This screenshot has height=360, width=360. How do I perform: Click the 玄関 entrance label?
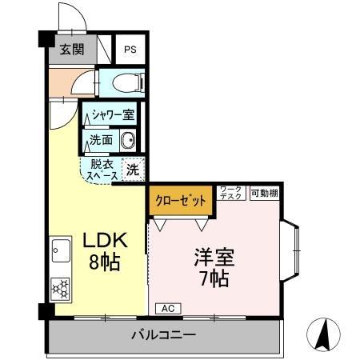point(72,50)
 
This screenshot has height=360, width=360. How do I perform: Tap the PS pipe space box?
point(130,50)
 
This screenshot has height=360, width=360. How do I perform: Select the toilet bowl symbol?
point(128,83)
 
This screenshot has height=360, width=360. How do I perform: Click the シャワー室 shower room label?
point(113,114)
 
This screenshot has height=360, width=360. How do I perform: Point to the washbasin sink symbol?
point(128,140)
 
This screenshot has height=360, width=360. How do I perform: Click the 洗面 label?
point(101,140)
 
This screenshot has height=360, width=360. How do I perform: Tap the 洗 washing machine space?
point(133,170)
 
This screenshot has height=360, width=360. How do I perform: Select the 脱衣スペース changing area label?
point(102,170)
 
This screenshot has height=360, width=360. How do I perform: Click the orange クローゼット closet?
point(181,201)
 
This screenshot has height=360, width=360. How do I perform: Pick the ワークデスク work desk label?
point(231,193)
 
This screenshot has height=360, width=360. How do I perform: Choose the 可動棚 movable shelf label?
point(265,193)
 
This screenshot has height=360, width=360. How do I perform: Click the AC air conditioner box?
point(168,309)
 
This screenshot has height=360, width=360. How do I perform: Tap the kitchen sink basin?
point(62,250)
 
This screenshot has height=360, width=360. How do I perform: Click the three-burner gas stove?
point(61,289)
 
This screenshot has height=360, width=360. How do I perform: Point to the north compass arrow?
point(324,334)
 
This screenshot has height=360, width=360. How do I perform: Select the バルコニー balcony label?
point(164,334)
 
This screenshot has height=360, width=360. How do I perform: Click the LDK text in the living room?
point(105,240)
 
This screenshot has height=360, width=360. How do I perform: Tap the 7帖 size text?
point(214,278)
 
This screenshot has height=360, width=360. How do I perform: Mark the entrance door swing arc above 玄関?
point(79,11)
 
